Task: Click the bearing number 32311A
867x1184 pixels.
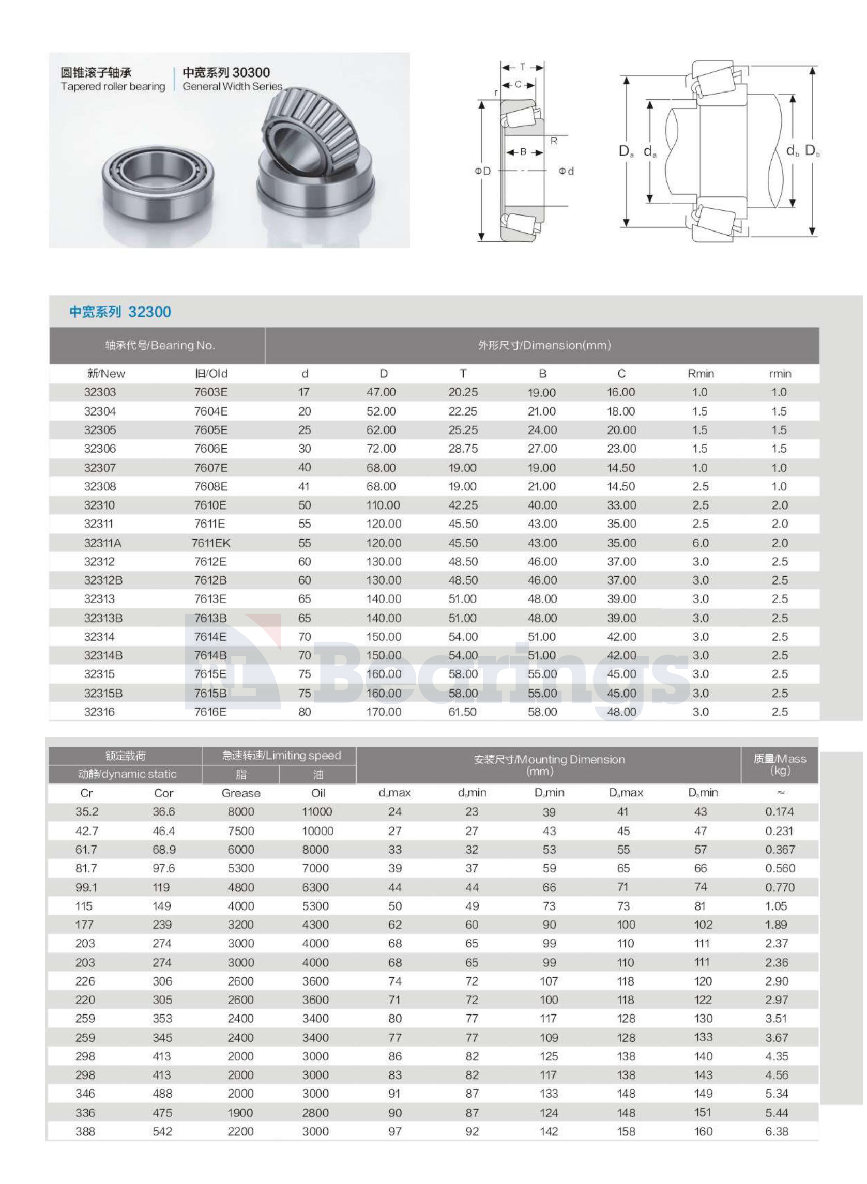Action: (102, 543)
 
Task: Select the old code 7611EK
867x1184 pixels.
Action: (211, 543)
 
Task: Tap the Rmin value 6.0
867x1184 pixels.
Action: (700, 543)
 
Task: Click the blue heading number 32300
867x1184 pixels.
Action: (149, 312)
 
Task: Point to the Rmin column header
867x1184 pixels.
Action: (701, 374)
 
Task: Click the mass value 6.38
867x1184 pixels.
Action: (777, 1131)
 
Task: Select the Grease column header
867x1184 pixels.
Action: (241, 793)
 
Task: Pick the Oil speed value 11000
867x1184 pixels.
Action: (317, 812)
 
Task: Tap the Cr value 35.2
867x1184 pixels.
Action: (86, 812)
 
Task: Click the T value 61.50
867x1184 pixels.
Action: (462, 712)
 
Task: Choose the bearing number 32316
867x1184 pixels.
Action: (99, 712)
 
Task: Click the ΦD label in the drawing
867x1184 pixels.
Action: (482, 171)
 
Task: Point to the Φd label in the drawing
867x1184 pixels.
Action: (566, 171)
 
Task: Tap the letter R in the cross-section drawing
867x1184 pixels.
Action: (554, 141)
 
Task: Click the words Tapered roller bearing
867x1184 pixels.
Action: (113, 86)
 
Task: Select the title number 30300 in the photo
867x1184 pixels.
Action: (251, 72)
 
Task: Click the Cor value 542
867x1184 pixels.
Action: (162, 1131)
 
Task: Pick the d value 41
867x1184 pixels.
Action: (304, 486)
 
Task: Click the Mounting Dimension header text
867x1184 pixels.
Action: (549, 759)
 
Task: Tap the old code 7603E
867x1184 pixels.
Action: (211, 392)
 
